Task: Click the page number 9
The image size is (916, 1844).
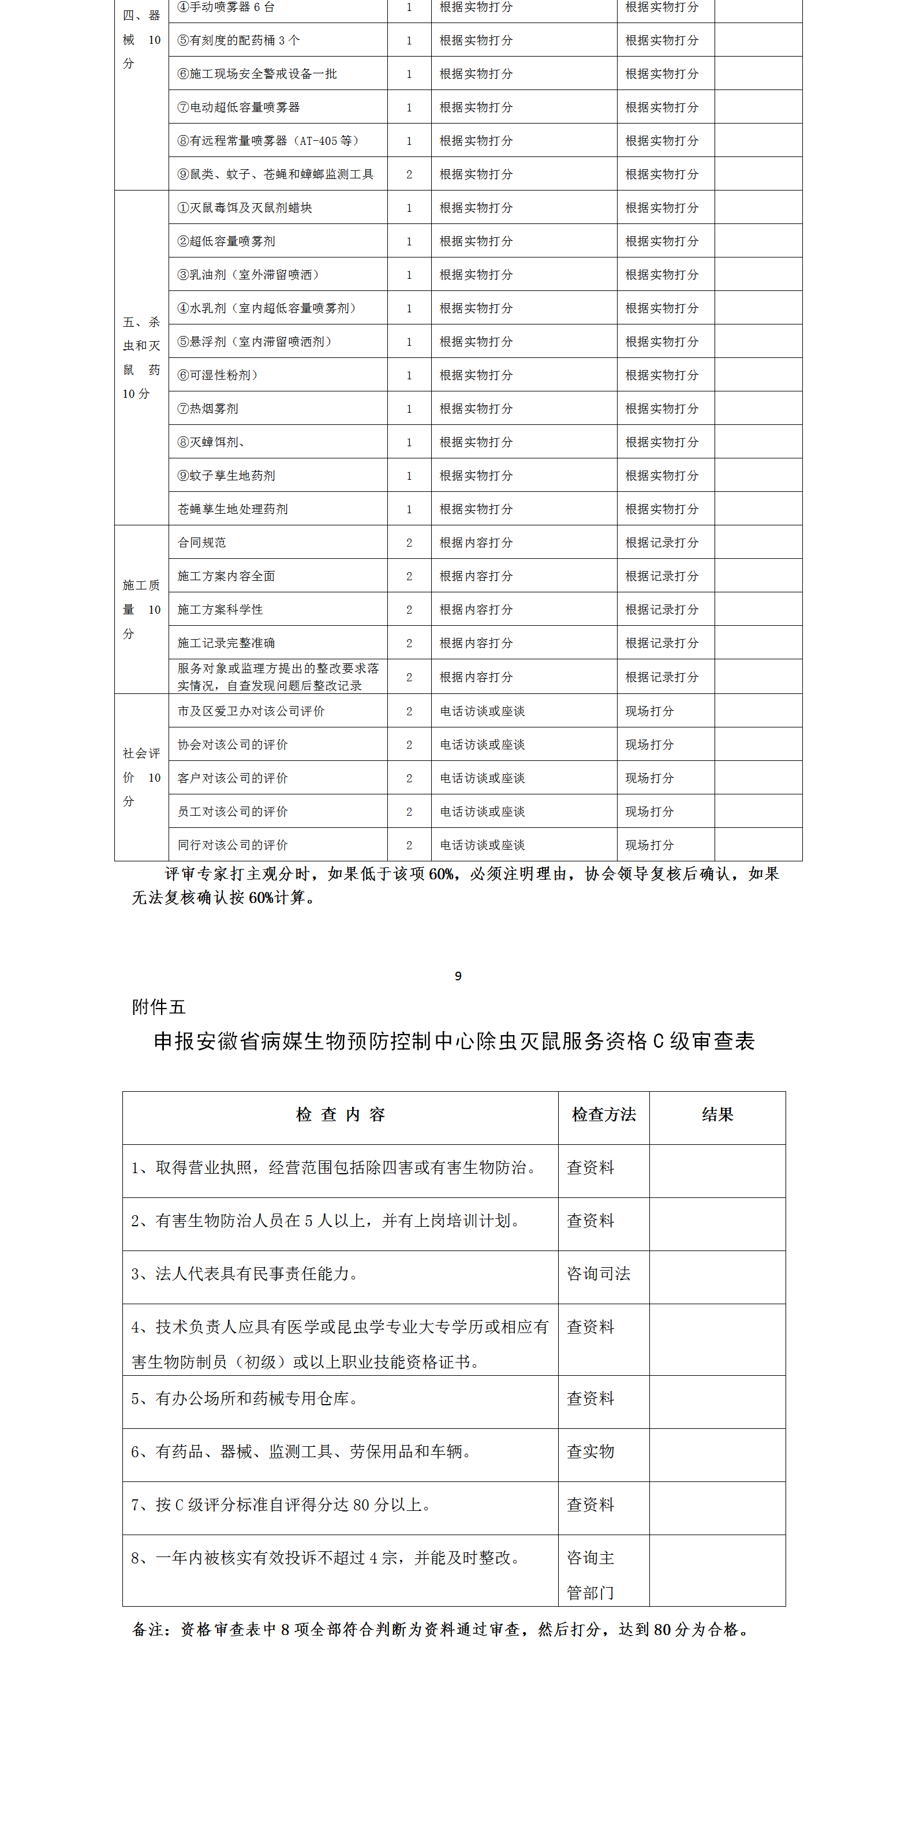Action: pyautogui.click(x=458, y=976)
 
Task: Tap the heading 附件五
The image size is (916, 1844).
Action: pyautogui.click(x=158, y=1007)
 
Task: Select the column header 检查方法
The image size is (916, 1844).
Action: pyautogui.click(x=603, y=1115)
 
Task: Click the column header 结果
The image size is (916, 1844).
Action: pyautogui.click(x=717, y=1115)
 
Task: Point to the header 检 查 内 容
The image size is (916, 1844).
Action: pyautogui.click(x=341, y=1115)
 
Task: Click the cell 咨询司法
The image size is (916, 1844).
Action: pyautogui.click(x=599, y=1274)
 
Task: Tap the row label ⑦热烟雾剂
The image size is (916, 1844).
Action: pyautogui.click(x=208, y=409)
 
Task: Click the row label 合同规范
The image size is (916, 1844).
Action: pyautogui.click(x=202, y=543)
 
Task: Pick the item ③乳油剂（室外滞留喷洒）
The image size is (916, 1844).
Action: pyautogui.click(x=248, y=275)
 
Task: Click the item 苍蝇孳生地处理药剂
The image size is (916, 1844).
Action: pyautogui.click(x=233, y=509)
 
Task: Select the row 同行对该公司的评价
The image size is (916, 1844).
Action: pyautogui.click(x=233, y=845)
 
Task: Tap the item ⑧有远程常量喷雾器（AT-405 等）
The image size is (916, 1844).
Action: pyautogui.click(x=268, y=141)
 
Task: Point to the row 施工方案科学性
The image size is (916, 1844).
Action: pyautogui.click(x=220, y=609)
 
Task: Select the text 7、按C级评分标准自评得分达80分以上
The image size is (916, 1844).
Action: pyautogui.click(x=281, y=1504)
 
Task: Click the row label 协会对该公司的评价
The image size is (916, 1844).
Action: pyautogui.click(x=233, y=745)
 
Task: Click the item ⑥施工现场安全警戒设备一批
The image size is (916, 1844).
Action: pyautogui.click(x=257, y=74)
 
